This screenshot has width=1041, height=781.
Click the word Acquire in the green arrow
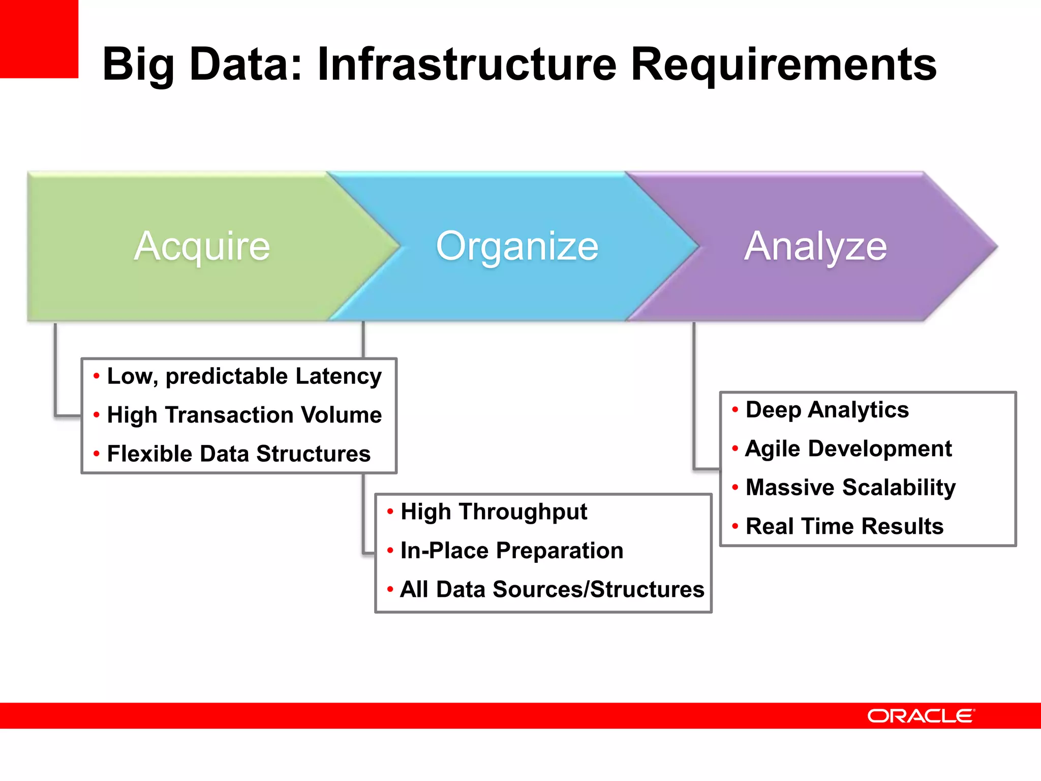(x=202, y=247)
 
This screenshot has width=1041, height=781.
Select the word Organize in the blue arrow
(x=517, y=247)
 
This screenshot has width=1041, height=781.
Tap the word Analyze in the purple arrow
(x=815, y=247)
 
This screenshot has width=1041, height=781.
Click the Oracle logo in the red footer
(x=921, y=716)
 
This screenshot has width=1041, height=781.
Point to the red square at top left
(x=39, y=39)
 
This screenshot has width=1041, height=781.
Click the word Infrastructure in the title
(x=467, y=65)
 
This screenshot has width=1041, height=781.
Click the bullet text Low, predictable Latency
(x=244, y=377)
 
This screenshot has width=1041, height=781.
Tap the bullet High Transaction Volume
(x=244, y=415)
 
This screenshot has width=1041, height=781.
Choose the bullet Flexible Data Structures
(x=238, y=454)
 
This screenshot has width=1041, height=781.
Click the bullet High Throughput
(x=494, y=512)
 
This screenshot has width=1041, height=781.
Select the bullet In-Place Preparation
(x=511, y=551)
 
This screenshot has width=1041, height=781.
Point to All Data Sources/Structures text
(x=552, y=590)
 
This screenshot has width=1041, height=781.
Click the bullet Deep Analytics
(x=827, y=410)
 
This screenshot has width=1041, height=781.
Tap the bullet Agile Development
(x=848, y=448)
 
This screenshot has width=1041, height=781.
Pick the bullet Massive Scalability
(x=850, y=488)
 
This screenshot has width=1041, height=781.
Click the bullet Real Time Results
(x=844, y=526)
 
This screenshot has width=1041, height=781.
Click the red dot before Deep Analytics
(x=735, y=409)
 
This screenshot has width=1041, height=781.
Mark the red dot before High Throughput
(x=390, y=512)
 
